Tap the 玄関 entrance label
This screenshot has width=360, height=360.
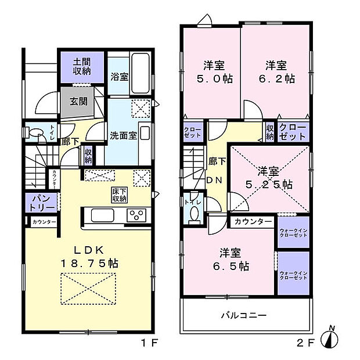point(78,102)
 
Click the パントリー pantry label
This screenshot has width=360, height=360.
point(41,203)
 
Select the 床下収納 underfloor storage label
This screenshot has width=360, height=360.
point(120,195)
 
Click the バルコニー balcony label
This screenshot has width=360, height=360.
point(243,315)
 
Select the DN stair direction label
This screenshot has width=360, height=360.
point(214,180)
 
